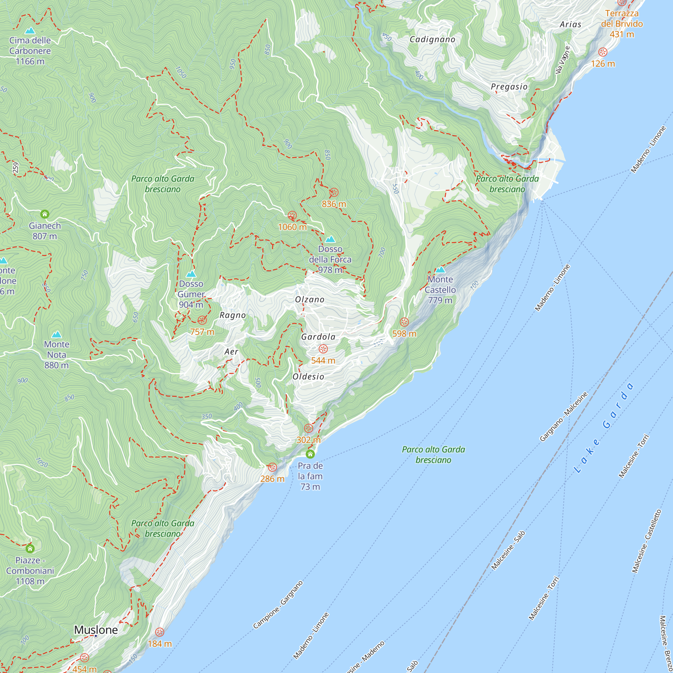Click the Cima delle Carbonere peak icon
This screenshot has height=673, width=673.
tap(30, 31)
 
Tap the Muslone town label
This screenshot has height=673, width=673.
tap(96, 630)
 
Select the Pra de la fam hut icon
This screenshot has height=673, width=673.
tap(310, 454)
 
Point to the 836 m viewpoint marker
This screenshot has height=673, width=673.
tap(334, 192)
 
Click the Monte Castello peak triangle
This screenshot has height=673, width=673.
tap(440, 270)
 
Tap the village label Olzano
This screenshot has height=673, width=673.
tap(310, 299)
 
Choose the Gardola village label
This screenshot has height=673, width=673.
tap(318, 337)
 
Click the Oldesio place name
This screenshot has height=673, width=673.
tap(308, 377)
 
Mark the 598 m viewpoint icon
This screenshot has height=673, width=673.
tap(404, 322)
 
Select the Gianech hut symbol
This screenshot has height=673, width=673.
tap(45, 214)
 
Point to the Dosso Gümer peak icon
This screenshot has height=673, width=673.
tap(191, 274)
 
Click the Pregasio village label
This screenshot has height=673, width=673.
tap(509, 87)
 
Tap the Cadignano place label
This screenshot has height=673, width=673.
tap(432, 39)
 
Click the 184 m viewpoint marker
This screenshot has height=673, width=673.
tap(160, 632)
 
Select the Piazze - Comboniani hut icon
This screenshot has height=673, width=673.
tap(30, 549)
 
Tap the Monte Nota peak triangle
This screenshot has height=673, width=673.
tap(57, 335)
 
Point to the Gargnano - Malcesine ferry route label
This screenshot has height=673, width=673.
tap(563, 417)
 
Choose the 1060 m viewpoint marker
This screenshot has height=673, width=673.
tap(292, 216)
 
